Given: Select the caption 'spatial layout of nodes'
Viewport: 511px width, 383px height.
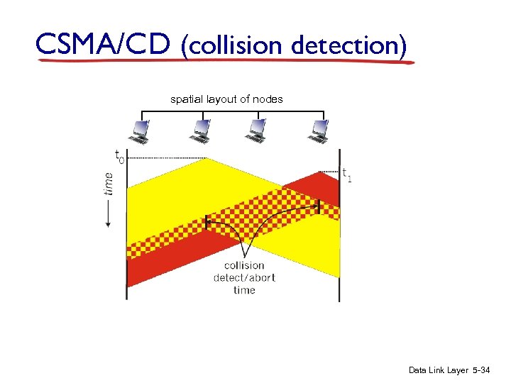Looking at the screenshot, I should pos(226,99).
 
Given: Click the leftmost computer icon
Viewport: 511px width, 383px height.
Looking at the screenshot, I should pos(140,131).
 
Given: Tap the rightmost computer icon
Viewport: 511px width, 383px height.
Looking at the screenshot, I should pos(320,131).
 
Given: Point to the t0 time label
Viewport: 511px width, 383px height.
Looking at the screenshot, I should pos(119,155).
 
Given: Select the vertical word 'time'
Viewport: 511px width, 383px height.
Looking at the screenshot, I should pos(108,183).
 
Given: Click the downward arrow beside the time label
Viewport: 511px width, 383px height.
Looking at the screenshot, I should pos(108,213).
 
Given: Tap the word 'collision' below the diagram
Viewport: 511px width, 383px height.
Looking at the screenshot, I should pos(243,266).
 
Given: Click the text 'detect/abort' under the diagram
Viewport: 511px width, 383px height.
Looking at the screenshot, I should pos(243,277).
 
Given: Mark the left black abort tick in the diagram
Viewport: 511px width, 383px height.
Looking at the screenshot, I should pos(207,221).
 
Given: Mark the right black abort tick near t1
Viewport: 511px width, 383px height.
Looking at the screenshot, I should pos(319,206).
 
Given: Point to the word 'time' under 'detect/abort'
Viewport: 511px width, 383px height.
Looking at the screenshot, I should pos(243,289).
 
